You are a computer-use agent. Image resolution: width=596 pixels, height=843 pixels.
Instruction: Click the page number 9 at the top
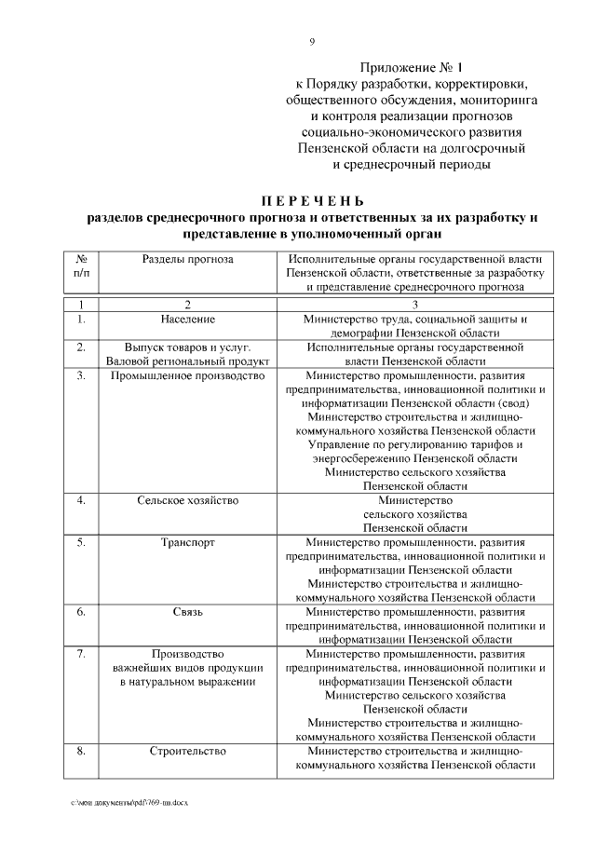(x=312, y=41)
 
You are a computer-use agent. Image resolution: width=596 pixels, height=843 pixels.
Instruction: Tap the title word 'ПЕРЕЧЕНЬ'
(x=312, y=201)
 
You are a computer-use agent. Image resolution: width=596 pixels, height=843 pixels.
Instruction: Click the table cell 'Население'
(x=188, y=320)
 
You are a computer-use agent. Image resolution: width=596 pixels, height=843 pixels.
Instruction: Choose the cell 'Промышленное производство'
(x=188, y=375)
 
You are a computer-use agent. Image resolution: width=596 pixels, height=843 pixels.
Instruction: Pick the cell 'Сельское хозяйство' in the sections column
(x=188, y=500)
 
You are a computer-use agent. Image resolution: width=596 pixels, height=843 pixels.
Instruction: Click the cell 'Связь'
(x=188, y=612)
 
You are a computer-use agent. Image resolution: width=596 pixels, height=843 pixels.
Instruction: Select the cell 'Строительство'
(x=188, y=750)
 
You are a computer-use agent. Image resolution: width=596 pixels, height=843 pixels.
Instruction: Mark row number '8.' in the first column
(x=82, y=750)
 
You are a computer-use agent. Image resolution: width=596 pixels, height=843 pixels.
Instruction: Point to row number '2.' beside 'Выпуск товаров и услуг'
(x=82, y=347)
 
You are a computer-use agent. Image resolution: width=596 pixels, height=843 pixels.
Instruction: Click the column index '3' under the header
(x=415, y=305)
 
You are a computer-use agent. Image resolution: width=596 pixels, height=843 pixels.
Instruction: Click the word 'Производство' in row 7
(x=188, y=654)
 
